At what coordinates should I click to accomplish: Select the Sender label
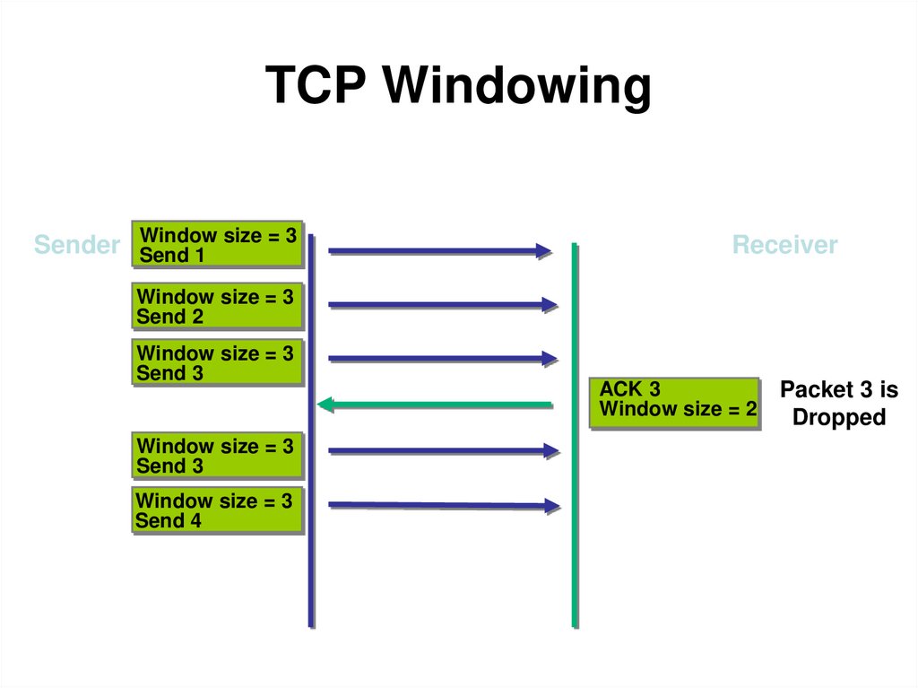(x=76, y=245)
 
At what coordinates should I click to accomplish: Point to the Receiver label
(x=784, y=245)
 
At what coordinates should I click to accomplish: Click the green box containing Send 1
(x=216, y=245)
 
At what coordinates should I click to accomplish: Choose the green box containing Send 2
(x=216, y=307)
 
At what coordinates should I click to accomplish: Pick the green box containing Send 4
(x=215, y=510)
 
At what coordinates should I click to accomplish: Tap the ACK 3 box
(x=674, y=402)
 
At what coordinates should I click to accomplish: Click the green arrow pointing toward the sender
(x=436, y=405)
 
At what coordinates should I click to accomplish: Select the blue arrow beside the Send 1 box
(x=439, y=251)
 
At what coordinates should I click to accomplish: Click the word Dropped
(x=838, y=417)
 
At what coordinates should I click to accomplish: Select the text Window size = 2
(x=678, y=411)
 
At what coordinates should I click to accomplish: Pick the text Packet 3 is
(x=838, y=390)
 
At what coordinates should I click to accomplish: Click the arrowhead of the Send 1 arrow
(x=544, y=251)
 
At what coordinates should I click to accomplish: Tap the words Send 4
(x=169, y=521)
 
